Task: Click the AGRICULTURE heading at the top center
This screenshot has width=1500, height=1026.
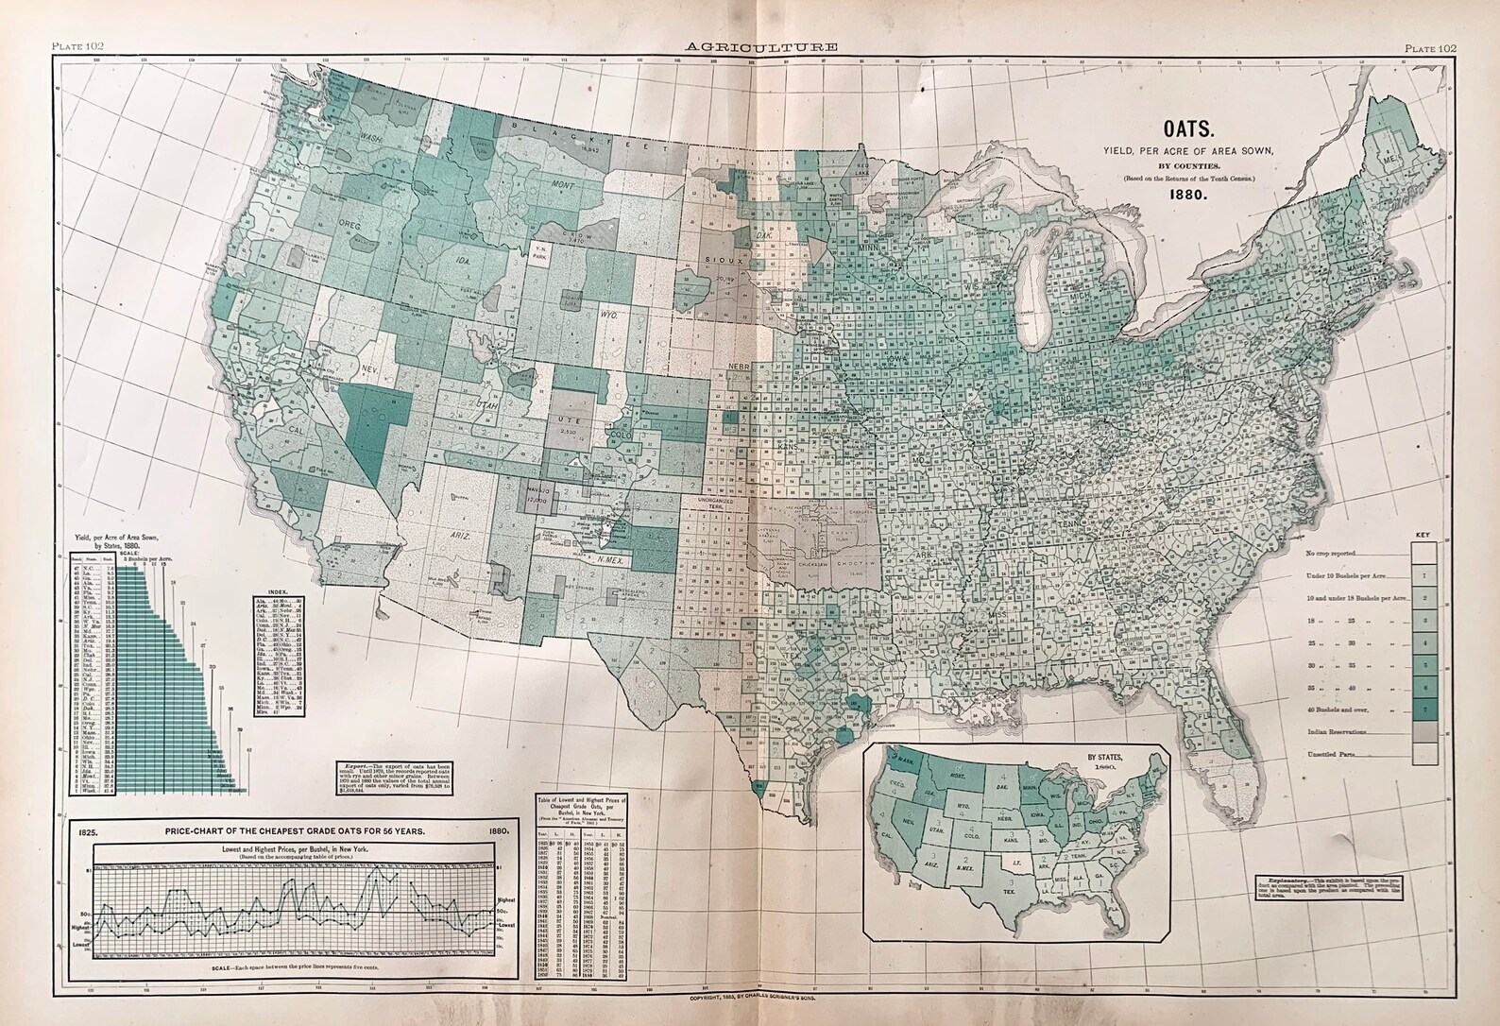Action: [752, 45]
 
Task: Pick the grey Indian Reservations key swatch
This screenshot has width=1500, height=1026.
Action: [1425, 732]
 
